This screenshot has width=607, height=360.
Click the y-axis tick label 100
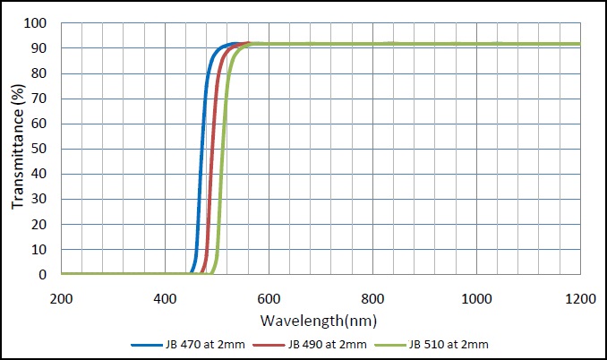click(x=42, y=22)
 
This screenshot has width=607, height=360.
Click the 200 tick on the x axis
click(x=61, y=297)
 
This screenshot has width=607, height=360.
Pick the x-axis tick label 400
click(x=165, y=297)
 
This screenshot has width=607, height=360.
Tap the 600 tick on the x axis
click(x=269, y=297)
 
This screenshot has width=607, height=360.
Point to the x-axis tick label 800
click(x=372, y=297)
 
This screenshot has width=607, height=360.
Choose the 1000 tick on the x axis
click(x=476, y=297)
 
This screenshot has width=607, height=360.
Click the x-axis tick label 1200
click(x=579, y=297)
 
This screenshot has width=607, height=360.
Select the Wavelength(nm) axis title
click(x=319, y=320)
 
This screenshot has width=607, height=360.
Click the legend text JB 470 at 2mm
click(x=202, y=344)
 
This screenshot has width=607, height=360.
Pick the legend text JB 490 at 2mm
click(x=325, y=344)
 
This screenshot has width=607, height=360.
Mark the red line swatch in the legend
click(x=269, y=344)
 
